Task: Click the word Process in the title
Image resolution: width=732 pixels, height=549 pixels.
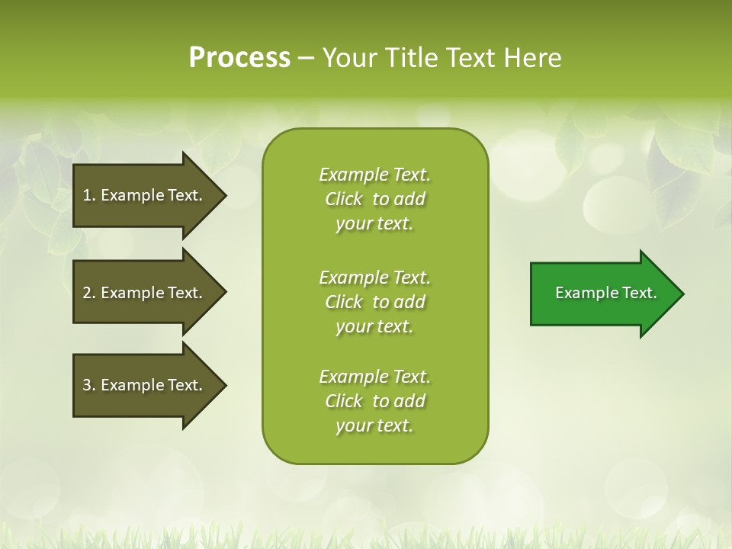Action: [x=239, y=58]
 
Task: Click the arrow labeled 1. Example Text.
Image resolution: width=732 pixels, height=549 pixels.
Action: [x=145, y=195]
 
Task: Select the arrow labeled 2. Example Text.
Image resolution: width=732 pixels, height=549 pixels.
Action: [x=145, y=293]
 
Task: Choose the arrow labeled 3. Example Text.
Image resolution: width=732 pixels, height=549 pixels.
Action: [x=145, y=385]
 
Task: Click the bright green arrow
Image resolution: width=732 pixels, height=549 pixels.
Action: [x=602, y=294]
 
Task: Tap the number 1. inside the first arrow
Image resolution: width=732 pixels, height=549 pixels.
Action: [x=89, y=195]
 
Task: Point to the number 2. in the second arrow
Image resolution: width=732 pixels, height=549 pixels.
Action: [x=89, y=293]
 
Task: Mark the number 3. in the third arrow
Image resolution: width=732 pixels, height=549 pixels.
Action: [x=89, y=385]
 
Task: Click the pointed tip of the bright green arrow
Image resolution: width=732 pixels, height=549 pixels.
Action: [x=680, y=294]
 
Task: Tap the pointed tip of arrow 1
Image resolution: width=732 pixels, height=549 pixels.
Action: [x=223, y=195]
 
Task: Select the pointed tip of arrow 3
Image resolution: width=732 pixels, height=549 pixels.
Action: [x=223, y=385]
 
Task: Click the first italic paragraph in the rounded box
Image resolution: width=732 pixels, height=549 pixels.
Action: [x=374, y=199]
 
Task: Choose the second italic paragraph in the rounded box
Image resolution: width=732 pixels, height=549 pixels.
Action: [x=374, y=302]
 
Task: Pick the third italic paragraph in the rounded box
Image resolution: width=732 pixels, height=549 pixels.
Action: [x=374, y=401]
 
